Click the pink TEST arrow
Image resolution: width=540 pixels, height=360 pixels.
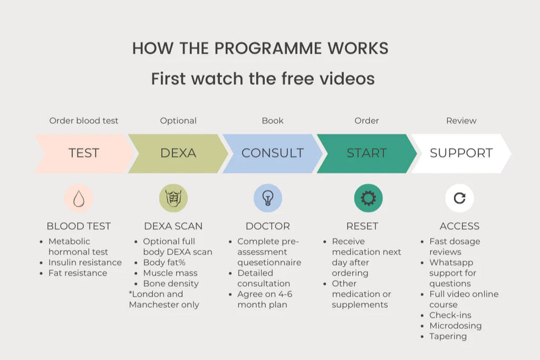pos(84,153)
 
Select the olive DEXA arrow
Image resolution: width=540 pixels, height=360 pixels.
pos(178,153)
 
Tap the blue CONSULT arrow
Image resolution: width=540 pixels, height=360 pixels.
pos(272,153)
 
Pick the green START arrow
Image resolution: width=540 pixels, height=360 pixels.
pos(367,153)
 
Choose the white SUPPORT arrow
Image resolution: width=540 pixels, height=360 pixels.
pos(461,153)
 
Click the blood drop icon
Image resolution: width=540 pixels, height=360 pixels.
pos(79,198)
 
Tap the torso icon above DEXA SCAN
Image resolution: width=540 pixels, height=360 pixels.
pos(173,198)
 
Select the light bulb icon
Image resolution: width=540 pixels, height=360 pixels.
pos(268,198)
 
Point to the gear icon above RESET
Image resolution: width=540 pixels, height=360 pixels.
pos(368,198)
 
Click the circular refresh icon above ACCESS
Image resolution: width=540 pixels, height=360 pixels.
pos(460,198)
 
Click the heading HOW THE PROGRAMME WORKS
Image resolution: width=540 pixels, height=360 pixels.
pos(260,48)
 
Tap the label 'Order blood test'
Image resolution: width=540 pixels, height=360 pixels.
pos(84,121)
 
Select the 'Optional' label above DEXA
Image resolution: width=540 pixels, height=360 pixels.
pos(178,121)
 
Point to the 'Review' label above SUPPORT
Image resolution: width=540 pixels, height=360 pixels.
pos(461,121)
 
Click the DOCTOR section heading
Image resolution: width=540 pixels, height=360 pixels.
pos(268,226)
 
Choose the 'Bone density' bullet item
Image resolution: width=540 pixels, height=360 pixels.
pos(171,283)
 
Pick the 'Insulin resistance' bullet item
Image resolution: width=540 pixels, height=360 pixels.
pos(85,263)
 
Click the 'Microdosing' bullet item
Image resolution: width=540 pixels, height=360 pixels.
pos(455,326)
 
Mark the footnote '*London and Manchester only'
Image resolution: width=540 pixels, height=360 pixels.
pos(164,300)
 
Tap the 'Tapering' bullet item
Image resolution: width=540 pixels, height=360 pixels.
pos(448,336)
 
